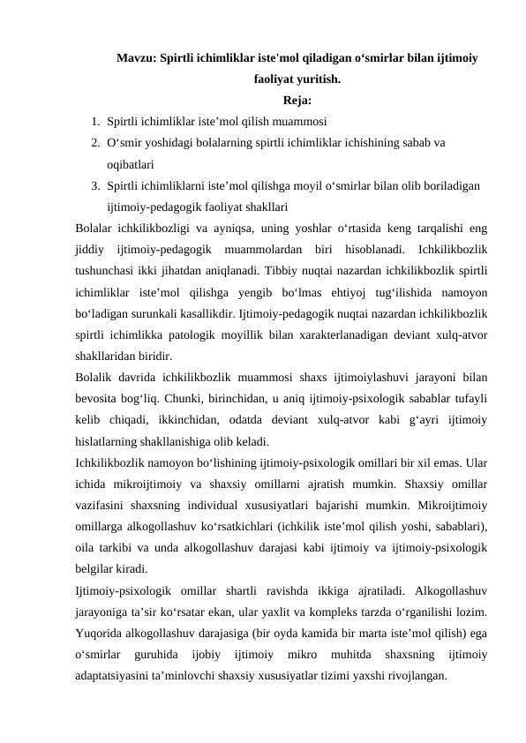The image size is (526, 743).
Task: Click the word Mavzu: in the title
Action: coord(134,58)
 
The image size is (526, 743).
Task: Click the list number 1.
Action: coord(94,120)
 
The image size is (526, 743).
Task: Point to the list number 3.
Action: coord(94,186)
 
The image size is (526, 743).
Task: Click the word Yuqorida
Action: coord(101,634)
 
